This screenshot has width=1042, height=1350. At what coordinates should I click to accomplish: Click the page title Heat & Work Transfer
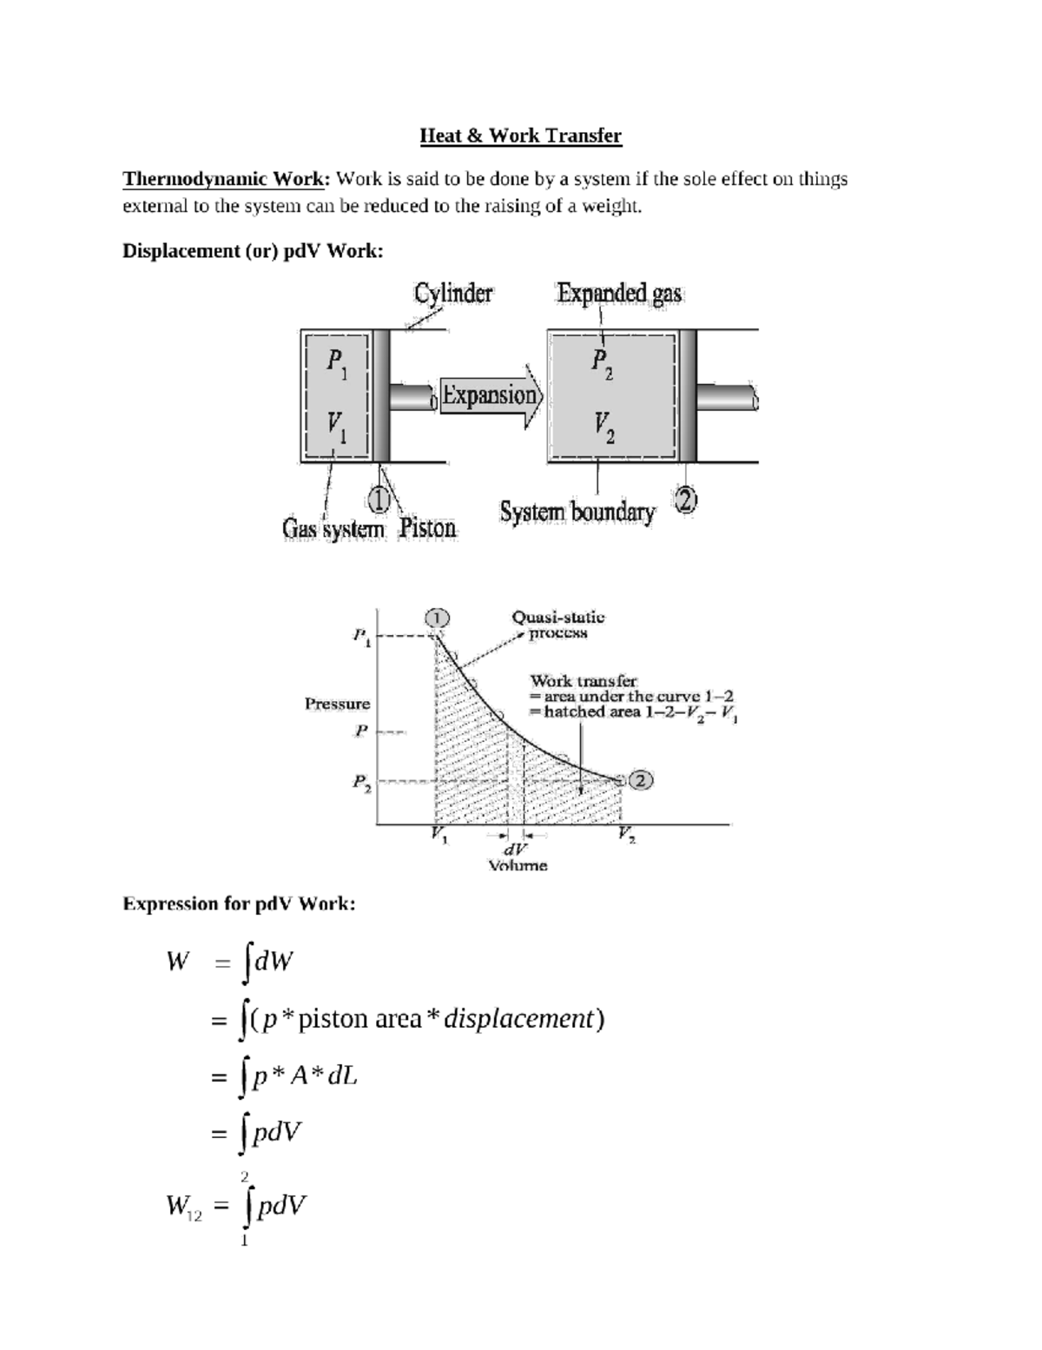click(520, 136)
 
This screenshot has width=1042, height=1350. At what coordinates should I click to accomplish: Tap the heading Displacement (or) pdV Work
click(253, 251)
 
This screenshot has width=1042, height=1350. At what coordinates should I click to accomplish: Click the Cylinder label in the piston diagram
click(452, 294)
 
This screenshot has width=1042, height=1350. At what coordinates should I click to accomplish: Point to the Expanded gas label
click(619, 294)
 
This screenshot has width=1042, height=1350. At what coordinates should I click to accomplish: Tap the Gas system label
click(333, 528)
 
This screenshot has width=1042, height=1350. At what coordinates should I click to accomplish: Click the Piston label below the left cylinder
click(427, 528)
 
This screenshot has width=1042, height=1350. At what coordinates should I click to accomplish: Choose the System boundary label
click(577, 512)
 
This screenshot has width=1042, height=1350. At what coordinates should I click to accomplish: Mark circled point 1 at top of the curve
click(438, 618)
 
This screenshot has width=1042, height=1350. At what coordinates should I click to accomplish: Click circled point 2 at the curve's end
click(641, 780)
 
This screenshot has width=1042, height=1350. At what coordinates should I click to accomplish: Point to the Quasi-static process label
click(557, 625)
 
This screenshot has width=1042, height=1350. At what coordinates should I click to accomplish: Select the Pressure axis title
click(337, 704)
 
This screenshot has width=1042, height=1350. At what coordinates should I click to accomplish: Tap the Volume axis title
click(518, 865)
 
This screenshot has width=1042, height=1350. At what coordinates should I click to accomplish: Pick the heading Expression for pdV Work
click(239, 903)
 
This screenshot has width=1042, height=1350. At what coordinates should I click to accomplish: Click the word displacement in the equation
click(518, 1018)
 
